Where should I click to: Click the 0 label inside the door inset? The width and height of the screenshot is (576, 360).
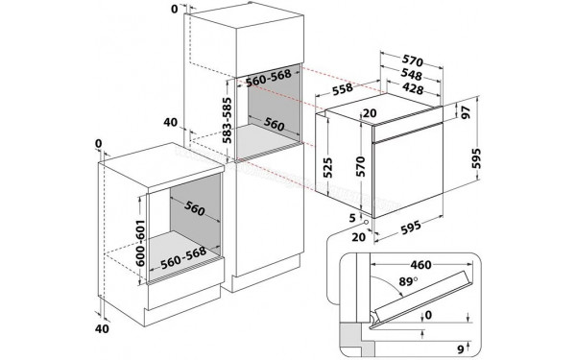[428, 314]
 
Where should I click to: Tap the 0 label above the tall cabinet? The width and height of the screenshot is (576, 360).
[174, 10]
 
